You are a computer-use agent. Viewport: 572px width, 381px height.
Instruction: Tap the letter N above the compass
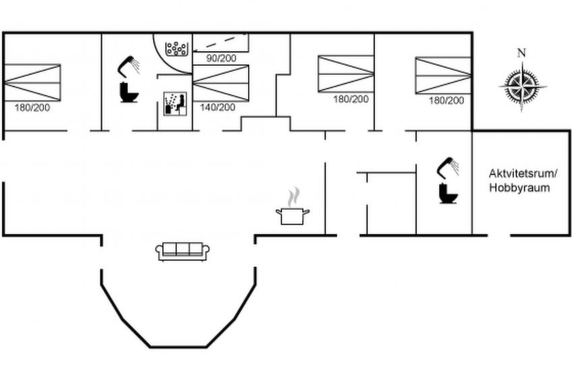pos(521,53)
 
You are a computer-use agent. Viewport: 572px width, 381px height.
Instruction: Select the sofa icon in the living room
pos(183,250)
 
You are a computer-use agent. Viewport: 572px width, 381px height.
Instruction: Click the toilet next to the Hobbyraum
pos(447,194)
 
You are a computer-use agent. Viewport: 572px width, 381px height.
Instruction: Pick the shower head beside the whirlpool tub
pos(129,65)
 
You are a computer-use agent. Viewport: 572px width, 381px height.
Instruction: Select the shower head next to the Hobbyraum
pos(448,166)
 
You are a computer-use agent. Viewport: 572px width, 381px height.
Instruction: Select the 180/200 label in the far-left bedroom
pos(32,107)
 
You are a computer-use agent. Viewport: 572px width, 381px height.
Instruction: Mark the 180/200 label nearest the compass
pos(447,100)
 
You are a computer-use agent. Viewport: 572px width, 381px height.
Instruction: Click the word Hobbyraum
pos(519,188)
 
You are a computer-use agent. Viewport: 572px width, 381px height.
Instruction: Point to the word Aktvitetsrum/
pos(519,173)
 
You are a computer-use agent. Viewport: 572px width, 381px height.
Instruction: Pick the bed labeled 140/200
pos(221,83)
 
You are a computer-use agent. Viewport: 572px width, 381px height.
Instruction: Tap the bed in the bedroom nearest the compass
pos(442,75)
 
